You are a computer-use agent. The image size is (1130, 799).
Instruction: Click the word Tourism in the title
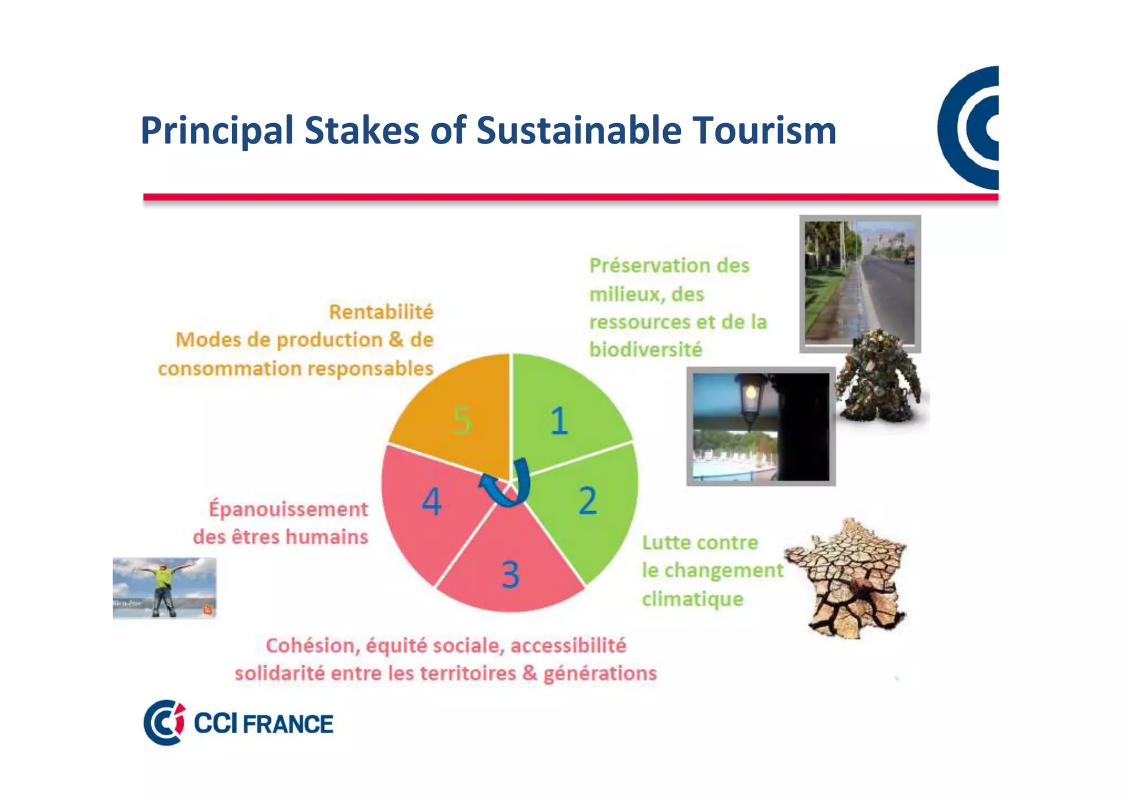[764, 131]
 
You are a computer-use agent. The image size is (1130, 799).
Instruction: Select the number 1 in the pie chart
[559, 421]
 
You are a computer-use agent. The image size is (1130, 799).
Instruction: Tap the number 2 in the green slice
[588, 501]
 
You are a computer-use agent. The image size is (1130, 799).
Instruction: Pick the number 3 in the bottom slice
[510, 574]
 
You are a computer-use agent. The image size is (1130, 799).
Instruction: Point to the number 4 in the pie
[431, 502]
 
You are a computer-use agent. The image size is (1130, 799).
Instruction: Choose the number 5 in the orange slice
[462, 420]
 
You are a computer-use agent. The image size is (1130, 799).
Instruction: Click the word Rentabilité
[381, 312]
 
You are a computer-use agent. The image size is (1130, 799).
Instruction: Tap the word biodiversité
[646, 350]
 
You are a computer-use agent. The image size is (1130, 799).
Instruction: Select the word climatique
[692, 599]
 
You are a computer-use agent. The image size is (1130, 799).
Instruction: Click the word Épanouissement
[288, 509]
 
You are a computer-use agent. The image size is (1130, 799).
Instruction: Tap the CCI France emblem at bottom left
[164, 722]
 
